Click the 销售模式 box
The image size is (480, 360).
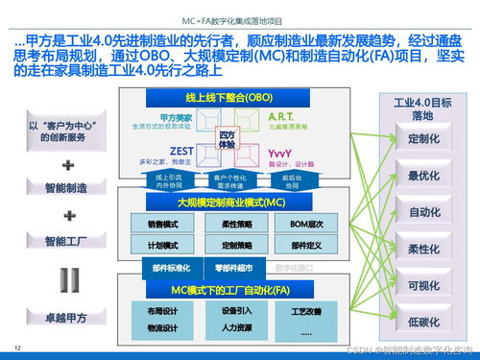pyautogui.click(x=163, y=224)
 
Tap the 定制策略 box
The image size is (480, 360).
pyautogui.click(x=228, y=245)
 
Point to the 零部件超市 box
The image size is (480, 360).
pyautogui.click(x=233, y=268)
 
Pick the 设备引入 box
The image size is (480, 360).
pyautogui.click(x=236, y=310)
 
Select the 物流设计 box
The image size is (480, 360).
pyautogui.click(x=163, y=328)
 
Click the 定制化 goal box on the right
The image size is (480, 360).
pyautogui.click(x=423, y=138)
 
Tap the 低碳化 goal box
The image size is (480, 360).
pyautogui.click(x=423, y=321)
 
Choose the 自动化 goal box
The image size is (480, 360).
pyautogui.click(x=423, y=211)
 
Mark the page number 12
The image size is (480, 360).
pyautogui.click(x=17, y=347)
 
